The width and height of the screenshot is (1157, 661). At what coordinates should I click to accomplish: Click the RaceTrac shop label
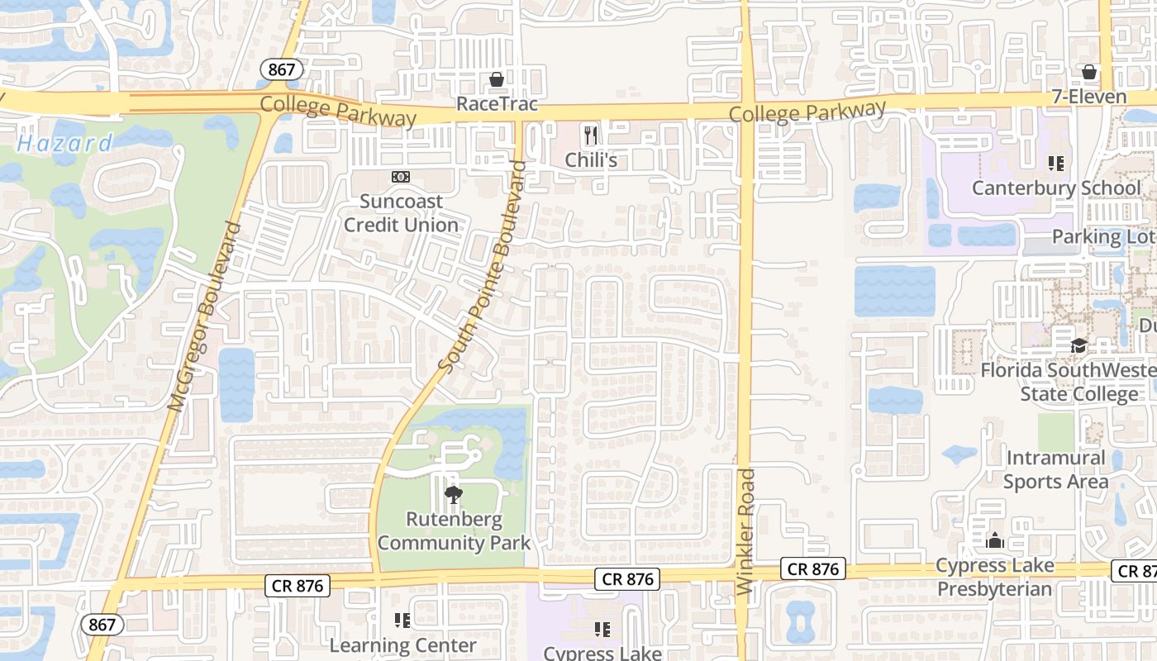(497, 104)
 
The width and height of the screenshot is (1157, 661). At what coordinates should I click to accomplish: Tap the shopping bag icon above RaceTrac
(497, 80)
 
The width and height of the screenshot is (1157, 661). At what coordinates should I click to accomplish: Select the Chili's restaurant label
(591, 159)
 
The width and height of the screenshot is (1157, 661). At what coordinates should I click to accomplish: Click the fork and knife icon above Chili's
(590, 134)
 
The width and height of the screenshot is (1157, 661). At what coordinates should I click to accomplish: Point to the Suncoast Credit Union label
(401, 213)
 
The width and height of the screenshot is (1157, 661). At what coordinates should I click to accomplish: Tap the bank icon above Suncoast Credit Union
(401, 177)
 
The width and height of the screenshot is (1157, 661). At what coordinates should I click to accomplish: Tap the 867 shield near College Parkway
(281, 69)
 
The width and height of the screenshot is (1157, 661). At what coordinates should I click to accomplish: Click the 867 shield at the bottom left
(102, 625)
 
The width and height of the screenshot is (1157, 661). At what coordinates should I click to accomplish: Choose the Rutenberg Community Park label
(454, 531)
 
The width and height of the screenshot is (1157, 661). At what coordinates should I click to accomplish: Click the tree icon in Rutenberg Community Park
(453, 495)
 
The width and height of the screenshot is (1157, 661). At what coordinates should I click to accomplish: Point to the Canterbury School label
(1055, 188)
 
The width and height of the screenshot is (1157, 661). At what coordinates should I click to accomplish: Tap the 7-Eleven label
(1089, 97)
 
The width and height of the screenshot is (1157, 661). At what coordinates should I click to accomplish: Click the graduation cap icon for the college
(1078, 346)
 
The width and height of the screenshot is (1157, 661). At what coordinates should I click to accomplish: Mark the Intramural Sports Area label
(1055, 469)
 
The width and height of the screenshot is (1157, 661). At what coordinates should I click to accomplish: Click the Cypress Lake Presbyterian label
(994, 578)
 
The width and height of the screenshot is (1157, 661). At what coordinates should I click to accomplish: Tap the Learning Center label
(403, 645)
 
